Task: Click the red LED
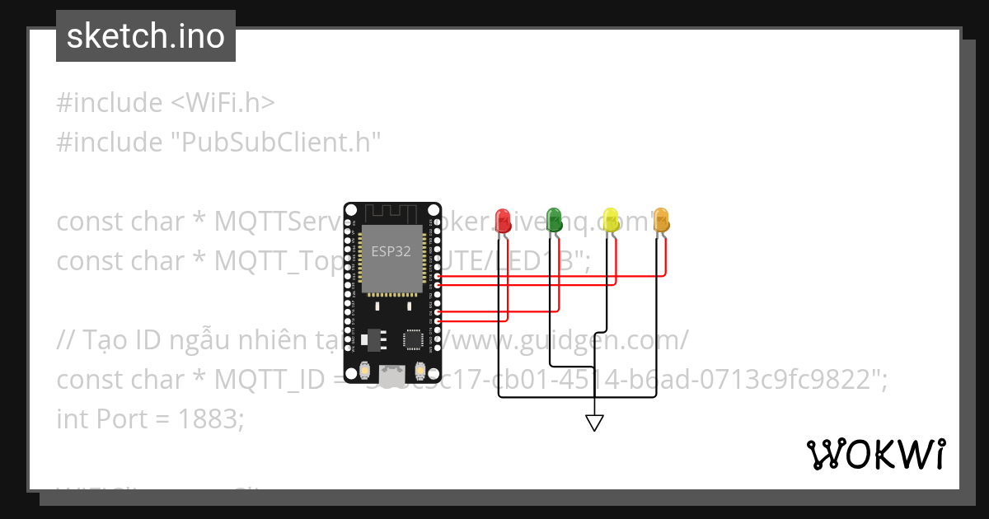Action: point(503,219)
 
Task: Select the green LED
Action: point(554,219)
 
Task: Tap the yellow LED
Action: point(611,219)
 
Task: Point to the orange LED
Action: point(661,219)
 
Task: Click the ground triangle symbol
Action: point(594,422)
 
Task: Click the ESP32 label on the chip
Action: point(391,251)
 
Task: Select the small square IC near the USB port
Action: point(412,339)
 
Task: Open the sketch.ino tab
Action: point(146,36)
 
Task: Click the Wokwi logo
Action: point(875,455)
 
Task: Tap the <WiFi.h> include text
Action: point(223,103)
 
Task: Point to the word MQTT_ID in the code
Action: point(261,380)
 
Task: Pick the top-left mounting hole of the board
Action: point(352,211)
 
